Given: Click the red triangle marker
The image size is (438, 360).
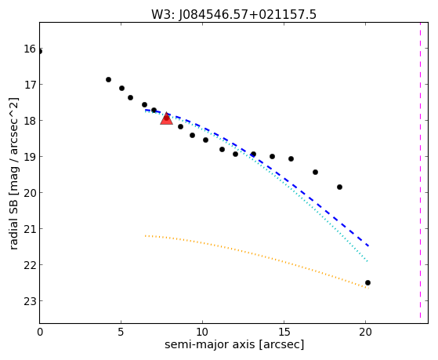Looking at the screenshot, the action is click(x=166, y=119).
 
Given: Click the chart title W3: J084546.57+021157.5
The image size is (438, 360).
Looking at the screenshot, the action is click(x=233, y=14).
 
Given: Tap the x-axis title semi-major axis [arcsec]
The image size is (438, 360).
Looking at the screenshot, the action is click(x=234, y=344).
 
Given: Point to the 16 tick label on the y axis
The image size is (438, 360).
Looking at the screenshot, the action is click(x=30, y=49).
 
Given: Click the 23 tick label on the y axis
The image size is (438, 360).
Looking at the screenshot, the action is click(x=30, y=301).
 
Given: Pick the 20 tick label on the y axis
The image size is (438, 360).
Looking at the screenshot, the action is click(x=30, y=193).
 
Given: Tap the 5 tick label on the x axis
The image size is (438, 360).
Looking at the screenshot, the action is click(x=121, y=333).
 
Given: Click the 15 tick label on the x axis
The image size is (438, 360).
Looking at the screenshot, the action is click(x=284, y=333).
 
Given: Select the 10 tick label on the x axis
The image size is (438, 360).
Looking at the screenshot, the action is click(x=202, y=333).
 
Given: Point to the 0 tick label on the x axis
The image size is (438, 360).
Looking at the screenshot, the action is click(x=40, y=333).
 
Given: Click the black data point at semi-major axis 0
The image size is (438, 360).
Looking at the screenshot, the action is click(x=40, y=52).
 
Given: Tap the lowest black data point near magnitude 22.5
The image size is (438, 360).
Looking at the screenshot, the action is click(x=368, y=283).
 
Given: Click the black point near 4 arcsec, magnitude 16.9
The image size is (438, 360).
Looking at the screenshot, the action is click(x=108, y=80).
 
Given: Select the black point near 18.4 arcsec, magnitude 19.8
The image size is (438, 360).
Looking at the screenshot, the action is click(x=340, y=187).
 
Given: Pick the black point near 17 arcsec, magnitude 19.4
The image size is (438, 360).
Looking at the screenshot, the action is click(x=315, y=172).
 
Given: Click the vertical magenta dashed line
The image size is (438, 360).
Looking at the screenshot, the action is click(x=420, y=170).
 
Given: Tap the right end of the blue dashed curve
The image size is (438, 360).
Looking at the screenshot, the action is click(x=369, y=245).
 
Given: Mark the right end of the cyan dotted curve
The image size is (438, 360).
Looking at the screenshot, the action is click(x=368, y=261).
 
